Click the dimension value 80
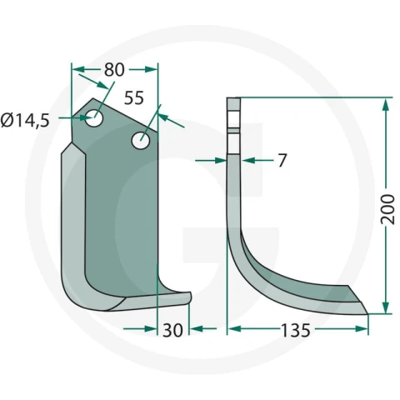(114, 70)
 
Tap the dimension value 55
(134, 97)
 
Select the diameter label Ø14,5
(25, 121)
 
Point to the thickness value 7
(282, 161)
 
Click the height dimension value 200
(387, 209)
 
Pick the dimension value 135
(296, 330)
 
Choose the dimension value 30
(172, 330)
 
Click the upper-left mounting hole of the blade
(94, 118)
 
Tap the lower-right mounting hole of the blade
(141, 141)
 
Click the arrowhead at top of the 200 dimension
(385, 105)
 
